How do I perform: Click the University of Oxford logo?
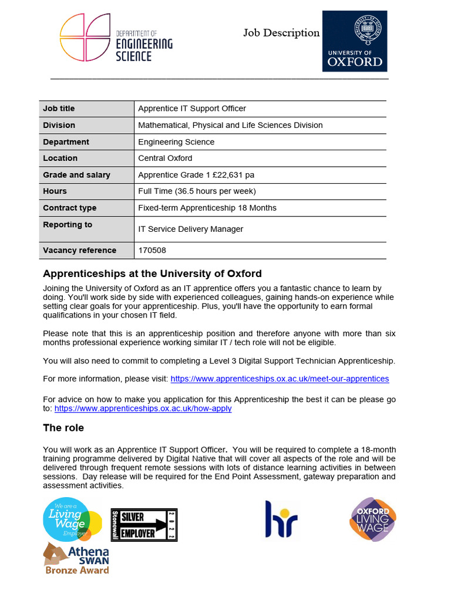click(355, 41)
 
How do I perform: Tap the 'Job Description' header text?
click(281, 33)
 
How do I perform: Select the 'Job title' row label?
click(59, 109)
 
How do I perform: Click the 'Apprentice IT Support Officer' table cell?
click(192, 109)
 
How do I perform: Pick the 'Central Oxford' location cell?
click(165, 158)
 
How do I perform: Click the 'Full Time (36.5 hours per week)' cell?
click(197, 191)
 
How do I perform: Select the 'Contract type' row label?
click(69, 208)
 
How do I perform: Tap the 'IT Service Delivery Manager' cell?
click(190, 229)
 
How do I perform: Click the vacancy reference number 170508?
click(152, 251)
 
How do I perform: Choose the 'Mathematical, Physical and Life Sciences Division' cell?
click(230, 125)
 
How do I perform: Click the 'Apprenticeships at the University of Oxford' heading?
click(152, 274)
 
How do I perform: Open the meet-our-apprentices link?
click(280, 379)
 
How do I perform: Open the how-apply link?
click(143, 408)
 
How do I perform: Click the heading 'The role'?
click(63, 428)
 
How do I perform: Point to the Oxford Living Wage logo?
click(373, 519)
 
